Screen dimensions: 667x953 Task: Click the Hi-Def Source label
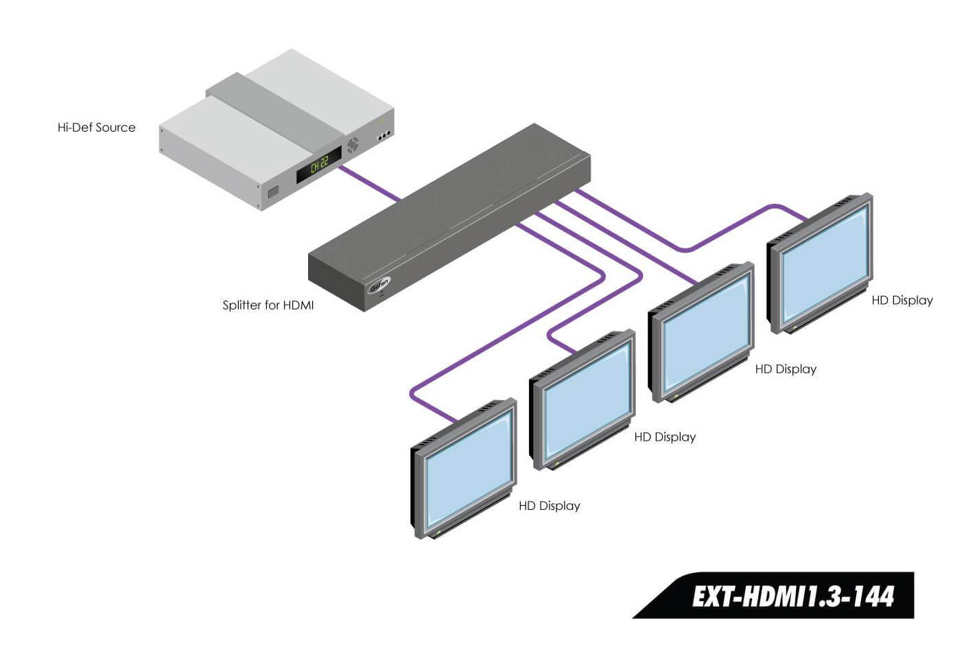coord(96,128)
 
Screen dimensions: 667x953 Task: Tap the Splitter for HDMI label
coord(268,305)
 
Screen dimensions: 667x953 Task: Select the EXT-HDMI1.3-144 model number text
coord(792,596)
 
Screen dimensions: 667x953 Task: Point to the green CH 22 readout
coord(319,165)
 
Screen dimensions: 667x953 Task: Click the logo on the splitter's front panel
coord(379,285)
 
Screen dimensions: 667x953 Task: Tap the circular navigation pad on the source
coord(353,145)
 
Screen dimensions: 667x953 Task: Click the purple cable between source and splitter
coord(370,182)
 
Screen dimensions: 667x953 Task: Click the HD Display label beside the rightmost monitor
coord(902,301)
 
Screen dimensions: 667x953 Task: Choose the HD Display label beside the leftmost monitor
coord(549,506)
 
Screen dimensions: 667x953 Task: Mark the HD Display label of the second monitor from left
coord(664,437)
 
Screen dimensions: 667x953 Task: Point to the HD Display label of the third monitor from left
coord(785,369)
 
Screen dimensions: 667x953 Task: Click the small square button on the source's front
coord(272,192)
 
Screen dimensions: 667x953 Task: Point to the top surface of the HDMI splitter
coord(446,199)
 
